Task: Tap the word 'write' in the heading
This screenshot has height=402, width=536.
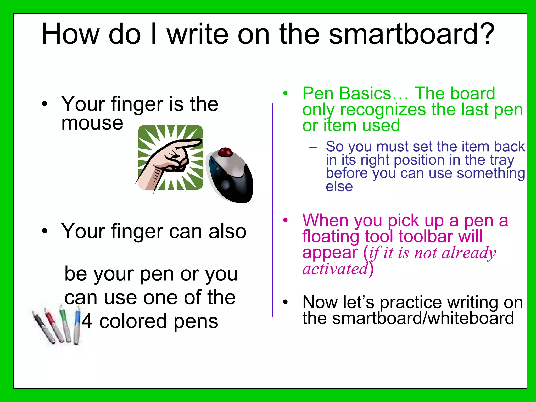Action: click(198, 34)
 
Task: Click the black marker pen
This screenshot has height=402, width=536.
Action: click(43, 327)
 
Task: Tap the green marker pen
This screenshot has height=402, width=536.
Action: click(65, 323)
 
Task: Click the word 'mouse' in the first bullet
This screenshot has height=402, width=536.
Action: click(92, 123)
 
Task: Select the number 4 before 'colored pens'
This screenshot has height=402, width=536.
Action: click(87, 321)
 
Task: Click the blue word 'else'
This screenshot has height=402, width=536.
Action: click(339, 187)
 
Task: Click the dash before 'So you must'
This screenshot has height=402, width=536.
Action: click(313, 147)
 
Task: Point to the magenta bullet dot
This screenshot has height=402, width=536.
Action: click(285, 220)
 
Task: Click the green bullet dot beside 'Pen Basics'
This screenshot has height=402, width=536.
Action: click(285, 93)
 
